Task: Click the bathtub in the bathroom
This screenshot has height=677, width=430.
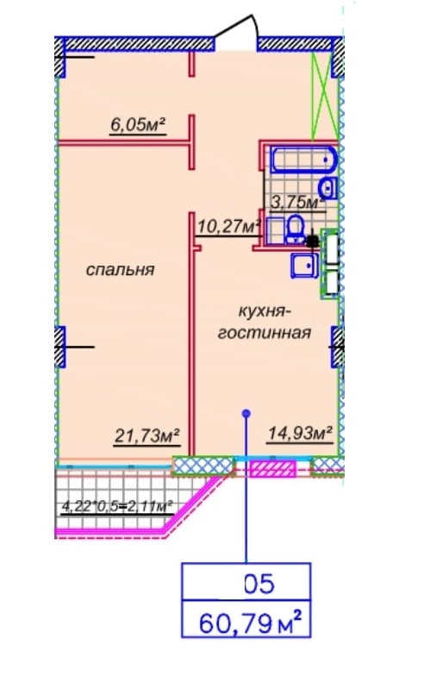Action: (303, 160)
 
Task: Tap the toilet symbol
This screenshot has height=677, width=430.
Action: (295, 229)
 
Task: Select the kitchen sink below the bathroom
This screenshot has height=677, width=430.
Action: (304, 265)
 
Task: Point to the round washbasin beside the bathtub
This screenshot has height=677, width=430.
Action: (327, 188)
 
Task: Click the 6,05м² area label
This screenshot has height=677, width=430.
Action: (139, 125)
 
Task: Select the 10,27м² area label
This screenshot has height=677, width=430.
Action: (229, 226)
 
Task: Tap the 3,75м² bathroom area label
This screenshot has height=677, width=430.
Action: (297, 202)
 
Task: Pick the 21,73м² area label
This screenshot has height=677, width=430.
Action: (147, 436)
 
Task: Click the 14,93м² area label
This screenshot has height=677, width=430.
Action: (301, 433)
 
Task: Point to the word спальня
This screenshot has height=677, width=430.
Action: (121, 270)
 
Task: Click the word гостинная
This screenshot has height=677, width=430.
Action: (265, 333)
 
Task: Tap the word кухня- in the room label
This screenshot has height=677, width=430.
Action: (263, 311)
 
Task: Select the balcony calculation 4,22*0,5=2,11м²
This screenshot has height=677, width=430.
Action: (118, 505)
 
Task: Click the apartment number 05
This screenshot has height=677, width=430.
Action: (259, 584)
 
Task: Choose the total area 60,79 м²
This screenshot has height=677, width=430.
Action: (250, 623)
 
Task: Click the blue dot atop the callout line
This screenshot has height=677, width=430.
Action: (246, 414)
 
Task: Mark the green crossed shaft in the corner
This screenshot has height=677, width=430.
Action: (325, 96)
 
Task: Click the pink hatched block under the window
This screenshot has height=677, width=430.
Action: (273, 469)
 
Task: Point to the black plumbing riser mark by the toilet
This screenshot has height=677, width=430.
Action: (313, 241)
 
